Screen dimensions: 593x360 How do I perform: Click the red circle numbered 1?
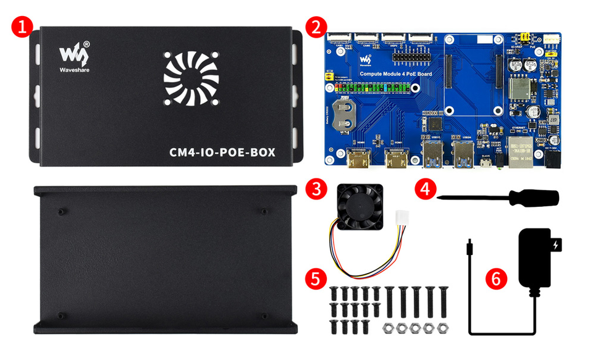[x=22, y=27]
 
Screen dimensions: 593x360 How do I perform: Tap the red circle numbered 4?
[x=424, y=188]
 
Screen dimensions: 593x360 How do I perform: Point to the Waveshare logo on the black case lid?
[x=74, y=55]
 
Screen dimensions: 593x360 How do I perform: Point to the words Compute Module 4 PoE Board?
[x=395, y=74]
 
